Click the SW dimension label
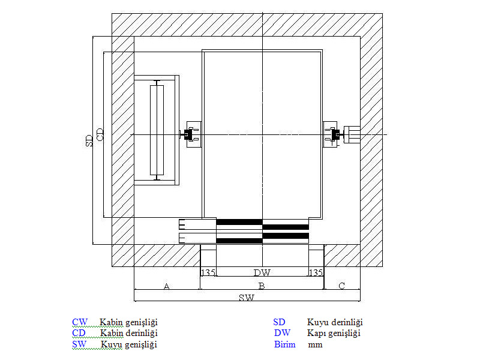[x=246, y=297]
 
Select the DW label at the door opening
[x=262, y=272]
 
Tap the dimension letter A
[x=166, y=287]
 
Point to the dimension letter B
[x=262, y=286]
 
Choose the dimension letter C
[x=341, y=286]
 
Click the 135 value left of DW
[x=208, y=272]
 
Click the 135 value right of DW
[x=316, y=272]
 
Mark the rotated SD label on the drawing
[x=89, y=140]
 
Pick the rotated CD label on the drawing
[x=100, y=134]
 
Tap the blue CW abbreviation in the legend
[x=80, y=322]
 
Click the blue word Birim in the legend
[x=285, y=344]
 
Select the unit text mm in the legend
[x=315, y=345]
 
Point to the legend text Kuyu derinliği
[x=335, y=322]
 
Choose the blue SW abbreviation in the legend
[x=79, y=344]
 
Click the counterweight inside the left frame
[x=157, y=130]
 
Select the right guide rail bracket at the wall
[x=351, y=134]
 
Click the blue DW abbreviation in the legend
[x=283, y=333]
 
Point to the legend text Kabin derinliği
[x=128, y=333]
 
